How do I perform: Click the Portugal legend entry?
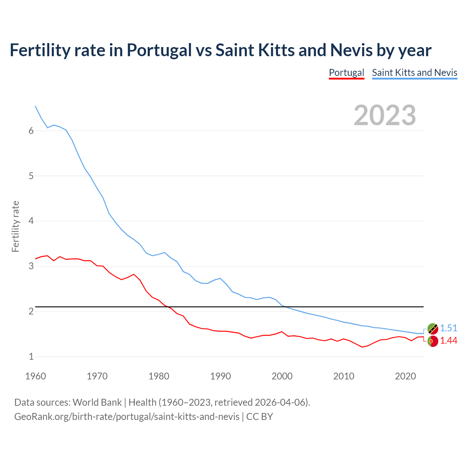346,73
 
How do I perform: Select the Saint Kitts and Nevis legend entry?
414,73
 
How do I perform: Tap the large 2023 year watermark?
385,115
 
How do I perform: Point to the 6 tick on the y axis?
31,131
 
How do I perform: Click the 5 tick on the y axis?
31,176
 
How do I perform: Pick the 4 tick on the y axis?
31,221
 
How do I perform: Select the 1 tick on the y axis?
31,356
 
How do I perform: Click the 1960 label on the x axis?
35,376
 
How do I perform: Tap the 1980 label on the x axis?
159,376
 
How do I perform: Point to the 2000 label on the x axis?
282,376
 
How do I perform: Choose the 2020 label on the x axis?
405,376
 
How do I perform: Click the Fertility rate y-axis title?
15,226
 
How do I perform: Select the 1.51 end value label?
448,328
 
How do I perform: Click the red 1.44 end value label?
448,340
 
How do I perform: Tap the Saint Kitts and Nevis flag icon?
432,329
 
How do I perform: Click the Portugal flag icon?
432,341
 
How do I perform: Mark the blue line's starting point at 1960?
35,106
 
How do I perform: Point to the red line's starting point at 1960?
35,259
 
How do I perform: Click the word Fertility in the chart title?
39,50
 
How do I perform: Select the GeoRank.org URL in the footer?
127,416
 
